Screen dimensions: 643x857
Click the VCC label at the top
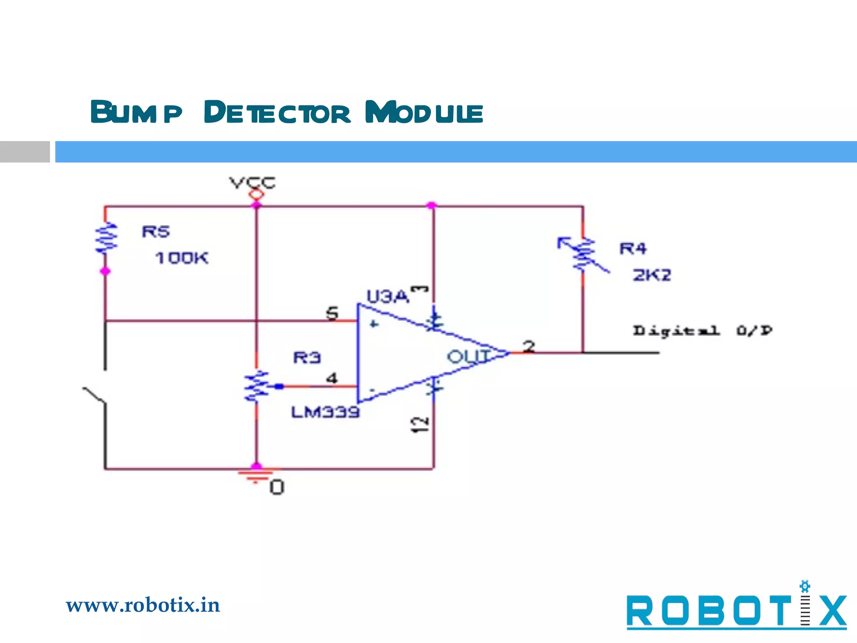(x=252, y=183)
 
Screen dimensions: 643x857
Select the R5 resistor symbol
(x=106, y=238)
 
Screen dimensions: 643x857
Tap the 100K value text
(x=182, y=258)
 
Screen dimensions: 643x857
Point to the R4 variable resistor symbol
(x=583, y=255)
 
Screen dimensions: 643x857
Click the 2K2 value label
(x=652, y=275)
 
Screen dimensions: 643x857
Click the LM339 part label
(x=325, y=412)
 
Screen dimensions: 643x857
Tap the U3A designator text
(x=387, y=296)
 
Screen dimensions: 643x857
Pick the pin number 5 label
(x=332, y=313)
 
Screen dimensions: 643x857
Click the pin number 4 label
(x=332, y=378)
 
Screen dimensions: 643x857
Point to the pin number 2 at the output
(x=529, y=346)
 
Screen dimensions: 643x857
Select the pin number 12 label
(x=419, y=425)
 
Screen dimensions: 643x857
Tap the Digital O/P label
(x=702, y=331)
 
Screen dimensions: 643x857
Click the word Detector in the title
(x=277, y=113)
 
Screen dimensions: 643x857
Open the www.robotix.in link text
(x=143, y=605)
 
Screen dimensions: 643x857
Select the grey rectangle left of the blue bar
(x=25, y=152)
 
